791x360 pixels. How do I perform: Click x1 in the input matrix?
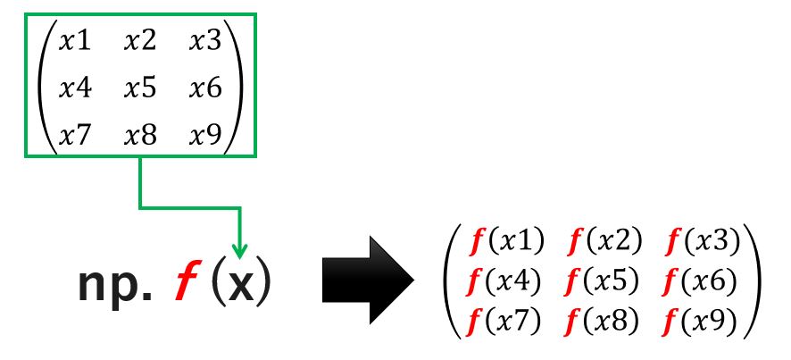(75, 41)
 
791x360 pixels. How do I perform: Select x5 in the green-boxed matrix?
(140, 88)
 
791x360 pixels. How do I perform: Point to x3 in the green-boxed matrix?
(205, 41)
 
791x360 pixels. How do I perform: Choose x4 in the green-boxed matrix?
(75, 88)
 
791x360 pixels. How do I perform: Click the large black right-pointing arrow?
(368, 280)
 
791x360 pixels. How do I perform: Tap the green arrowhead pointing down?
(239, 250)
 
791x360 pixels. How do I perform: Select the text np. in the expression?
(114, 285)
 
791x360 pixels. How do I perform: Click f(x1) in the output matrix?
(506, 241)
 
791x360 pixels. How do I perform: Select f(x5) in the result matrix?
(604, 280)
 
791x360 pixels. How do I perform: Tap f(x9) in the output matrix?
(701, 320)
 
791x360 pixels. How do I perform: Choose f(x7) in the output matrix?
(504, 320)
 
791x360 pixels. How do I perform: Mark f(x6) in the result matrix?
(700, 280)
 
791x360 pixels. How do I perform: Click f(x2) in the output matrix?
(604, 241)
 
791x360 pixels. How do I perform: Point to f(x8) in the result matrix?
(603, 320)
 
